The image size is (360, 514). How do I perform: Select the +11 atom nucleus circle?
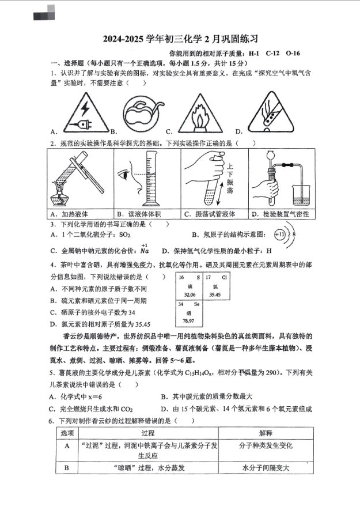pos(280,235)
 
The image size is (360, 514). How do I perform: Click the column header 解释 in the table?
pos(266,433)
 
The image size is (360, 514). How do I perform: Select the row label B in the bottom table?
pos(67,468)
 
